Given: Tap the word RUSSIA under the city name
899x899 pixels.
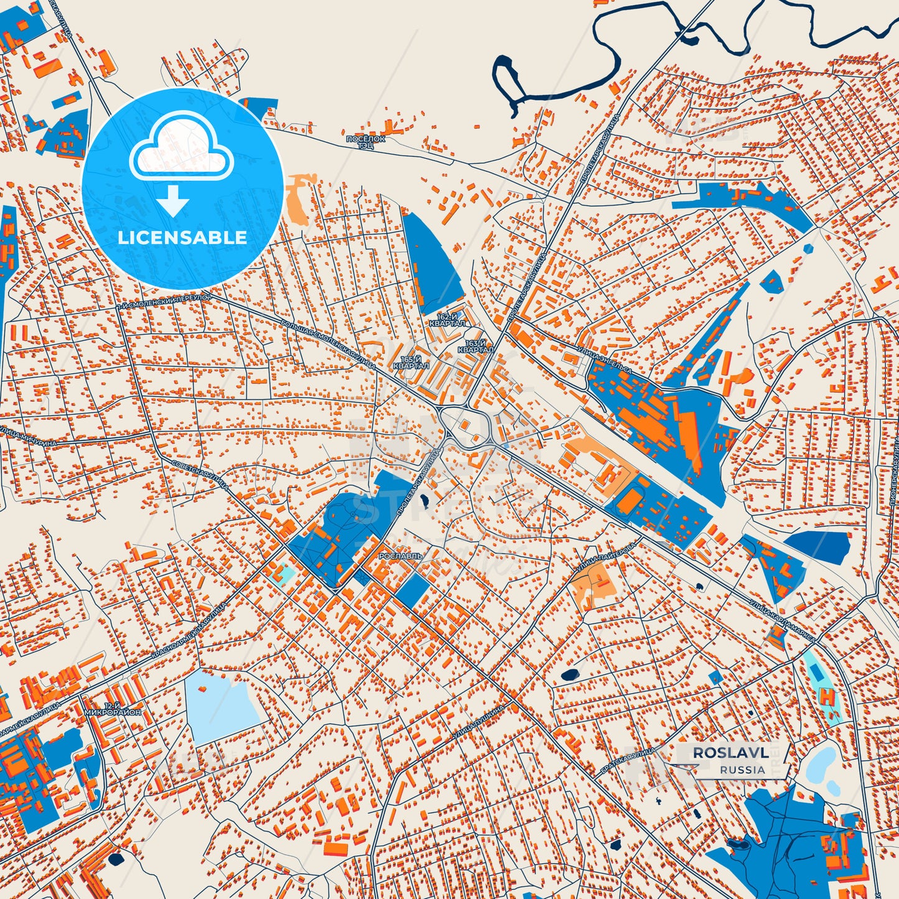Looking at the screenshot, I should click(743, 770).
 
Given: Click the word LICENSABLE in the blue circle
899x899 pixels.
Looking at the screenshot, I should click(182, 237).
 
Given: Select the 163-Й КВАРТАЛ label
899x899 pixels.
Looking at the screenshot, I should click(475, 347).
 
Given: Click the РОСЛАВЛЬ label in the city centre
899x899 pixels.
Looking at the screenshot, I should click(401, 556).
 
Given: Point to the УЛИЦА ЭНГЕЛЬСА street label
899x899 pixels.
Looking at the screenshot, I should click(604, 361).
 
